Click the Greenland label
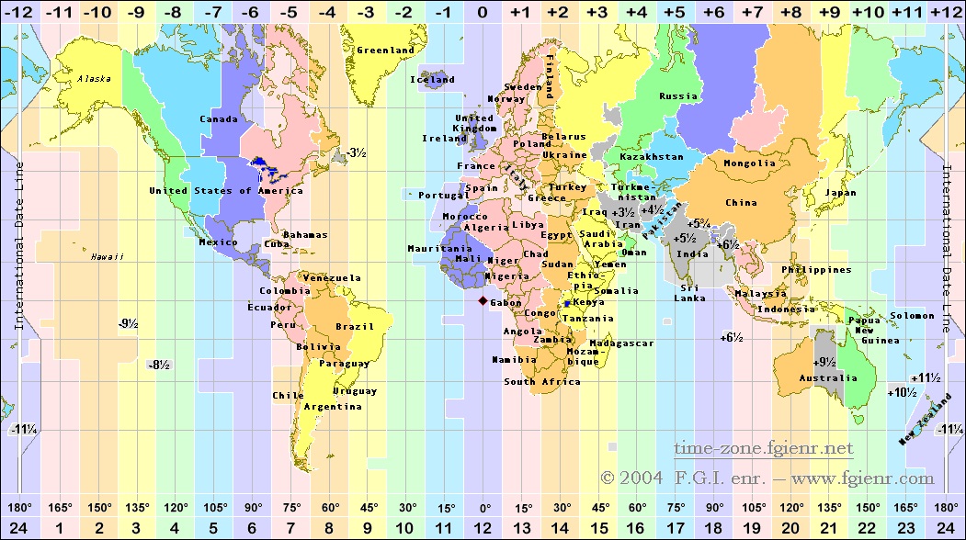pos(385,50)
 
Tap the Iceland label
pos(433,79)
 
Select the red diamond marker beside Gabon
pos(483,300)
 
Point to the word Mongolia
pos(750,163)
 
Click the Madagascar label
pos(621,343)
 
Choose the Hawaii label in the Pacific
pos(107,256)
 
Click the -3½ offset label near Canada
pos(356,152)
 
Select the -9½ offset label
pos(128,323)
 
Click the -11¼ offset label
pos(23,429)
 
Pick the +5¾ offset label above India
pos(698,223)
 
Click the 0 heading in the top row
pos(483,12)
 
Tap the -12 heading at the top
pos(19,12)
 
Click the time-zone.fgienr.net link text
pos(763,448)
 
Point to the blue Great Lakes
pos(268,169)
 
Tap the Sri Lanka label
pos(692,292)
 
